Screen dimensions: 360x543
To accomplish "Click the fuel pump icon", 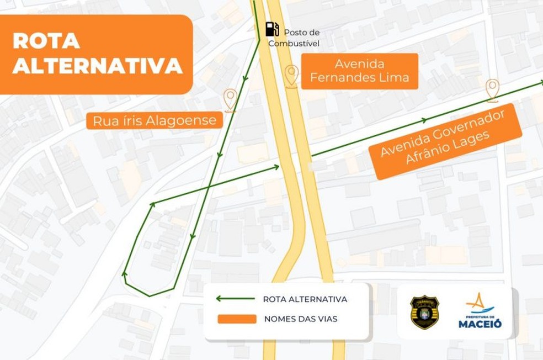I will (x=271, y=29).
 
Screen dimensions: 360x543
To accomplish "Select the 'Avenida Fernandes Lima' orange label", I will (x=359, y=71).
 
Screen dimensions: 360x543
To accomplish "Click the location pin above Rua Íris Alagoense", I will (x=230, y=99).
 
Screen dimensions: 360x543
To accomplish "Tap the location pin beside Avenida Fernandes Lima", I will (x=291, y=75).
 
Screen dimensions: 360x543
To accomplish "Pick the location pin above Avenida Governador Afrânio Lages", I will (x=492, y=89).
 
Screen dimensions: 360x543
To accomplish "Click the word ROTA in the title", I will (x=46, y=41).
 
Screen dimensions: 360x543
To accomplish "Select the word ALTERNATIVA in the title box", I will (x=97, y=66).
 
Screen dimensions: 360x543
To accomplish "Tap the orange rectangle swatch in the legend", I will (x=237, y=319).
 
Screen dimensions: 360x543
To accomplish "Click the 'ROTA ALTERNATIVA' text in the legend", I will (x=305, y=299).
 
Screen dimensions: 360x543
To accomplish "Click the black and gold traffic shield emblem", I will (x=424, y=312).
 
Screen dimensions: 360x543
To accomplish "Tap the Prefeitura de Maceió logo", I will (x=480, y=311).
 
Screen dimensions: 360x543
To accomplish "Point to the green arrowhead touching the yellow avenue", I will (x=276, y=166).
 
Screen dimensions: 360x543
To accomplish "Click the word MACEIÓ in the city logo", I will (x=480, y=324).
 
